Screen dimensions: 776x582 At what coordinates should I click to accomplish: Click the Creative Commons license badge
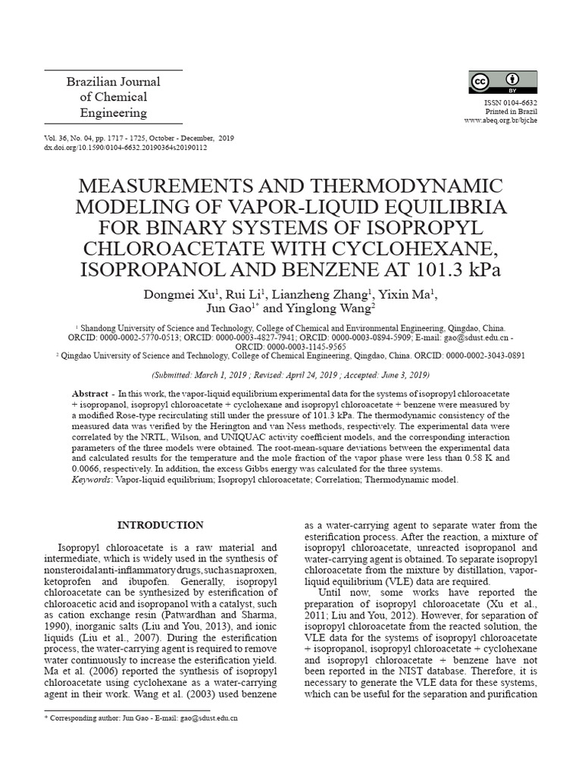click(503, 83)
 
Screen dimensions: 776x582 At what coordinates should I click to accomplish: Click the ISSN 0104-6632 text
click(511, 102)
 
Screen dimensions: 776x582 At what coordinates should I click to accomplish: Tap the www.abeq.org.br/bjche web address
click(500, 120)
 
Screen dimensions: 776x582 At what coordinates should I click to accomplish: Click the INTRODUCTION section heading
click(160, 525)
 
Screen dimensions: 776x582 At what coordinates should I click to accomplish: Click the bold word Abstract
click(89, 395)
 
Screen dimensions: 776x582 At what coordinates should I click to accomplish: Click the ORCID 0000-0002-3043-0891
click(481, 354)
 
